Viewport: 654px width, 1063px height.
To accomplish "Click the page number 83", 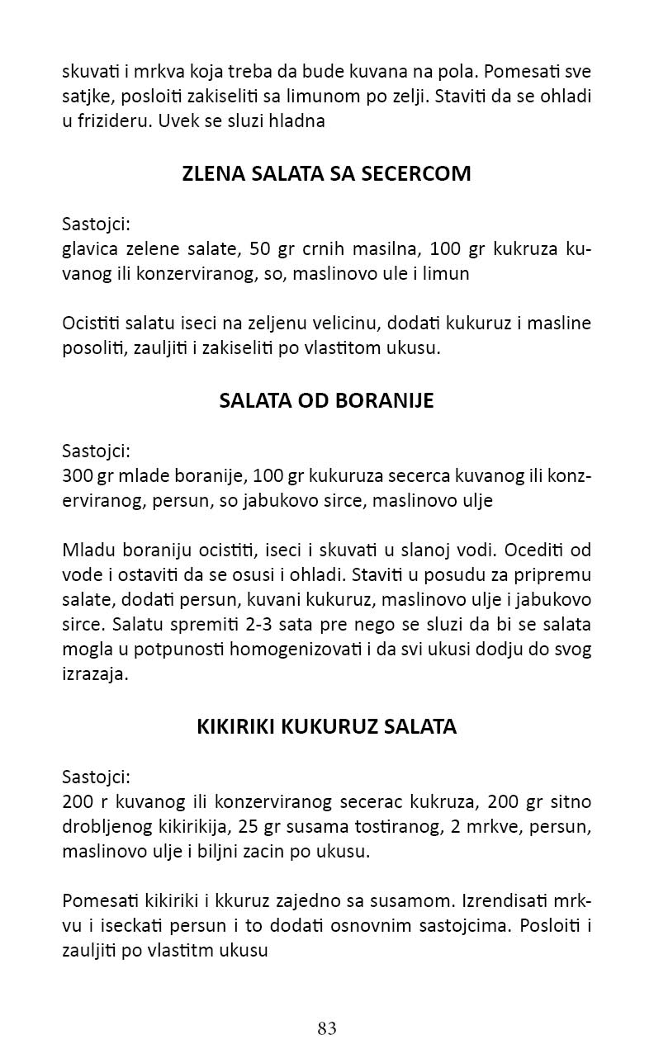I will [326, 1028].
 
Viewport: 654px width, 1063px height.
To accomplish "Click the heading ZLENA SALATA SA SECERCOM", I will [326, 174].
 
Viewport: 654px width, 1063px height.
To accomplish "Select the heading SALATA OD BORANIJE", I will [326, 401].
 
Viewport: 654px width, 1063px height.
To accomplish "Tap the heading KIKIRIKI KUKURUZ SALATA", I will [326, 726].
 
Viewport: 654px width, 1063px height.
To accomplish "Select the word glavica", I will [88, 250].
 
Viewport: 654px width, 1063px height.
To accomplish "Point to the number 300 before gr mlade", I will [77, 477].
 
